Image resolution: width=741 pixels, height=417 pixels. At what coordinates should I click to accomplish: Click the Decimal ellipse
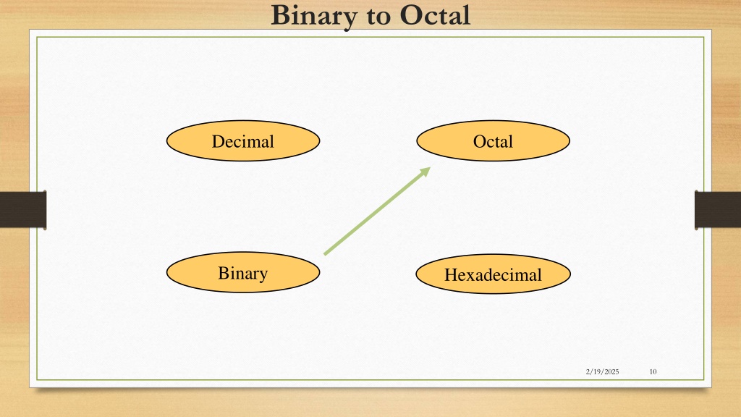pyautogui.click(x=243, y=141)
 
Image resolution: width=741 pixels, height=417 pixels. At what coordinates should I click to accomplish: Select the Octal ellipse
pyautogui.click(x=493, y=141)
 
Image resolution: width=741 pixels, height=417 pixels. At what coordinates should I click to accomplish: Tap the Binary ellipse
pyautogui.click(x=243, y=272)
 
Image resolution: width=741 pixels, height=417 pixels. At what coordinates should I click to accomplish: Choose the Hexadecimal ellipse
pyautogui.click(x=493, y=274)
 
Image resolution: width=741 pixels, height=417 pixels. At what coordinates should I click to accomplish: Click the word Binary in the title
pyautogui.click(x=314, y=16)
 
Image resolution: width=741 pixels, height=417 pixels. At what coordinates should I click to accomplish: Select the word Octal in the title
pyautogui.click(x=435, y=15)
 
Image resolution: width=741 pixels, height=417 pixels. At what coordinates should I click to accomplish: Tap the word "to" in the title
pyautogui.click(x=378, y=17)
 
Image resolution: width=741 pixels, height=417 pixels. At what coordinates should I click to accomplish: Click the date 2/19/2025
pyautogui.click(x=602, y=371)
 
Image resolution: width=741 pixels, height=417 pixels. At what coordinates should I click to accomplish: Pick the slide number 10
pyautogui.click(x=653, y=371)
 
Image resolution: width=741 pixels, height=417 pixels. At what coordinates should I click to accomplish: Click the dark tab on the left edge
pyautogui.click(x=23, y=210)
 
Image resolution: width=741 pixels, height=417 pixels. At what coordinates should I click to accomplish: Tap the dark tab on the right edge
pyautogui.click(x=717, y=210)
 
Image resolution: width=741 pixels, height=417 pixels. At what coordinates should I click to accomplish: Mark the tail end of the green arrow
pyautogui.click(x=324, y=254)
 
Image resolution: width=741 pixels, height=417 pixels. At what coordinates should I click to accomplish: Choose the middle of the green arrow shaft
pyautogui.click(x=377, y=211)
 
